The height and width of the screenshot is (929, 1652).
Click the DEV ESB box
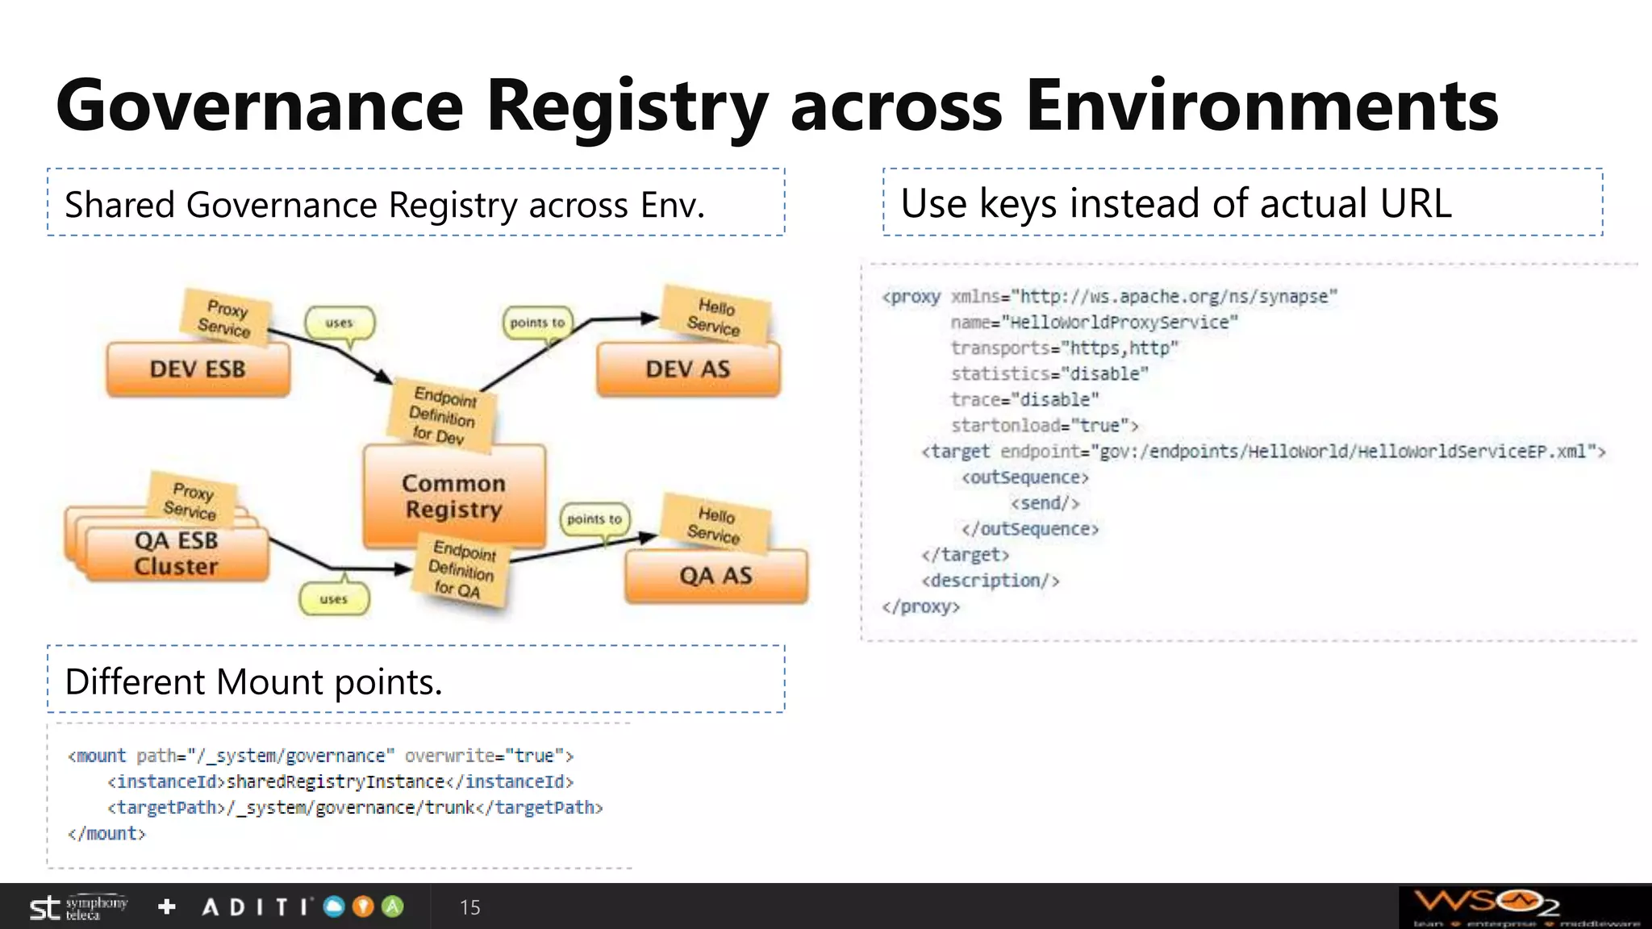pyautogui.click(x=198, y=369)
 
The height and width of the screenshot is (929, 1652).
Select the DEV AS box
pyautogui.click(x=688, y=369)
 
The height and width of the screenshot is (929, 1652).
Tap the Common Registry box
pyautogui.click(x=454, y=496)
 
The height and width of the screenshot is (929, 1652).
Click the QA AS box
pyautogui.click(x=715, y=576)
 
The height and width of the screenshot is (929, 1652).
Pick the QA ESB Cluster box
pyautogui.click(x=177, y=553)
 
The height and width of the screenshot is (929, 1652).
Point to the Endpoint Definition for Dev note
pyautogui.click(x=443, y=415)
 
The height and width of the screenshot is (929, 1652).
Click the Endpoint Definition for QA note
pyautogui.click(x=462, y=569)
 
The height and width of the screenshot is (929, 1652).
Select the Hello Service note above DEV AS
pyautogui.click(x=715, y=317)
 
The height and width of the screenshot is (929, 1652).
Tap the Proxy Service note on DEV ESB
pyautogui.click(x=225, y=319)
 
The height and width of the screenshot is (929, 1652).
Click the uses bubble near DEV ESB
pyautogui.click(x=340, y=323)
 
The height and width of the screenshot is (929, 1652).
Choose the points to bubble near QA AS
pyautogui.click(x=594, y=519)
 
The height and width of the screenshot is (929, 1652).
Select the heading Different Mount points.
pyautogui.click(x=254, y=682)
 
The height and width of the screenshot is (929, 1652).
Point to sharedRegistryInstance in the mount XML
pyautogui.click(x=336, y=781)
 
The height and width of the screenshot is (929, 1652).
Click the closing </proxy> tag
pyautogui.click(x=920, y=606)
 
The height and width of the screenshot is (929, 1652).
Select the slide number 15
pyautogui.click(x=469, y=907)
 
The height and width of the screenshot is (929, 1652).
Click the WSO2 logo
pyautogui.click(x=1487, y=903)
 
